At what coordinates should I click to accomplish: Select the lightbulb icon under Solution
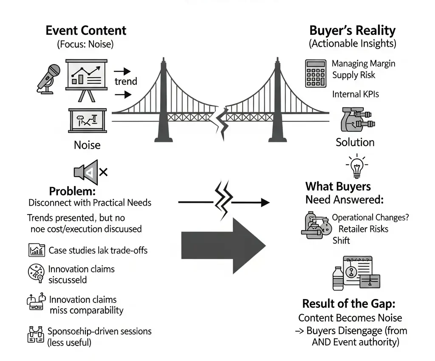(356, 166)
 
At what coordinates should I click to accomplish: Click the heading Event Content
(85, 31)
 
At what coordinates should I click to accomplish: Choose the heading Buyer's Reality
(352, 31)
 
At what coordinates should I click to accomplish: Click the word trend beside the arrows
(126, 81)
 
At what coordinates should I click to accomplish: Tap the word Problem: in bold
(73, 191)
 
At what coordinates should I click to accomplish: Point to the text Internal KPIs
(356, 94)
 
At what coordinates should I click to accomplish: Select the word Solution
(355, 142)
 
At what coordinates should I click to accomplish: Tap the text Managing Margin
(363, 64)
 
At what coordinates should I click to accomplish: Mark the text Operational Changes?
(370, 217)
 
